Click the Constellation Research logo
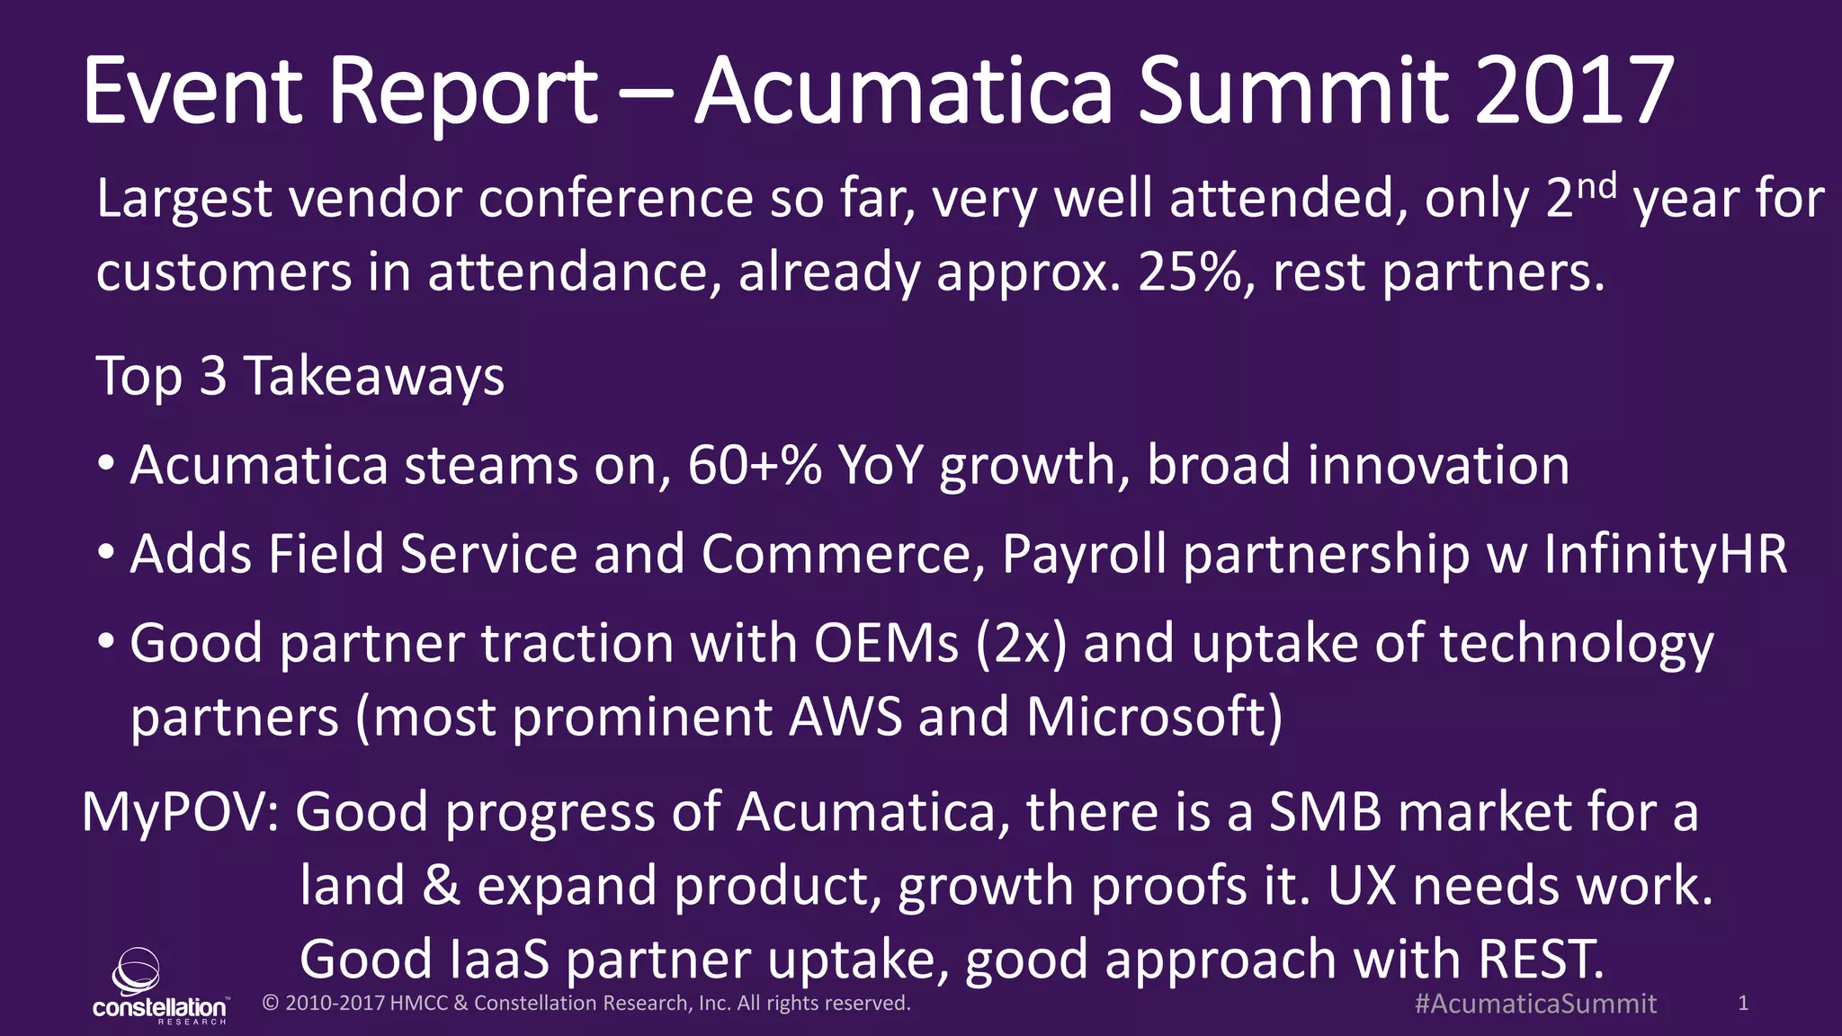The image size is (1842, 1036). [159, 987]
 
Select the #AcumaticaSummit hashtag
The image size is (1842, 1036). [1535, 1004]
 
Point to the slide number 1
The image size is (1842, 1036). [1743, 1004]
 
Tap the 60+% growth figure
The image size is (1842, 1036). [754, 466]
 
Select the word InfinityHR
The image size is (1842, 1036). [1665, 554]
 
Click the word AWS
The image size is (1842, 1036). [845, 718]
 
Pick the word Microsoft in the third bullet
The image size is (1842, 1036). [1153, 718]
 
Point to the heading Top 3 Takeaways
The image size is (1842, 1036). [300, 376]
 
